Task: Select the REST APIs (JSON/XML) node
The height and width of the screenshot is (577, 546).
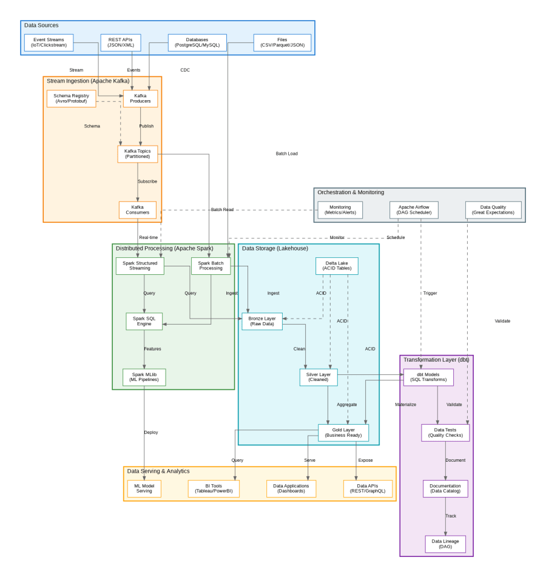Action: click(x=121, y=42)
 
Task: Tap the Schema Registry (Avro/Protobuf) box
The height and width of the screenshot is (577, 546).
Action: click(x=72, y=98)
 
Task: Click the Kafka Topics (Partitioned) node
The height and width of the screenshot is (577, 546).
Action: click(x=138, y=154)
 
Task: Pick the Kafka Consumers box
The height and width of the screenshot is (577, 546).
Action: click(x=138, y=210)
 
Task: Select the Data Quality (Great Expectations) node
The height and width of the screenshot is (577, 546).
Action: click(x=493, y=210)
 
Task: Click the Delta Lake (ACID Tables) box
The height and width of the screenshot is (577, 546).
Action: click(x=337, y=266)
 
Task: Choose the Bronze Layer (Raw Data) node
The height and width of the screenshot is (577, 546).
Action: click(x=262, y=322)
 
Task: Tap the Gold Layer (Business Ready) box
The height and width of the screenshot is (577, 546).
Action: click(x=343, y=433)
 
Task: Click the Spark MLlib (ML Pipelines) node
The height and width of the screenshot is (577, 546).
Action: click(x=144, y=377)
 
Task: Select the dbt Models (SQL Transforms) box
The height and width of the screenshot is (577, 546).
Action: click(x=428, y=377)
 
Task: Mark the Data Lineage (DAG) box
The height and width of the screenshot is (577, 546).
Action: click(x=445, y=544)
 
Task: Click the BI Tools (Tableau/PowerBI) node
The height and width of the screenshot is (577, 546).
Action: click(x=214, y=488)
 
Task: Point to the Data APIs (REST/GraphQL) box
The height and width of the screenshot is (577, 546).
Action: click(x=368, y=488)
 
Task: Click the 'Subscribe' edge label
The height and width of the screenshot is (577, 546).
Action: click(x=147, y=181)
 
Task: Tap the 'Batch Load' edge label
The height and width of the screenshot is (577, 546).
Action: click(x=286, y=154)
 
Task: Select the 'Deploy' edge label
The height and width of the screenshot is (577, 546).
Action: click(x=151, y=433)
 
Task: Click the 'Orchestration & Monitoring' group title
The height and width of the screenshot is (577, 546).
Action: click(x=351, y=192)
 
